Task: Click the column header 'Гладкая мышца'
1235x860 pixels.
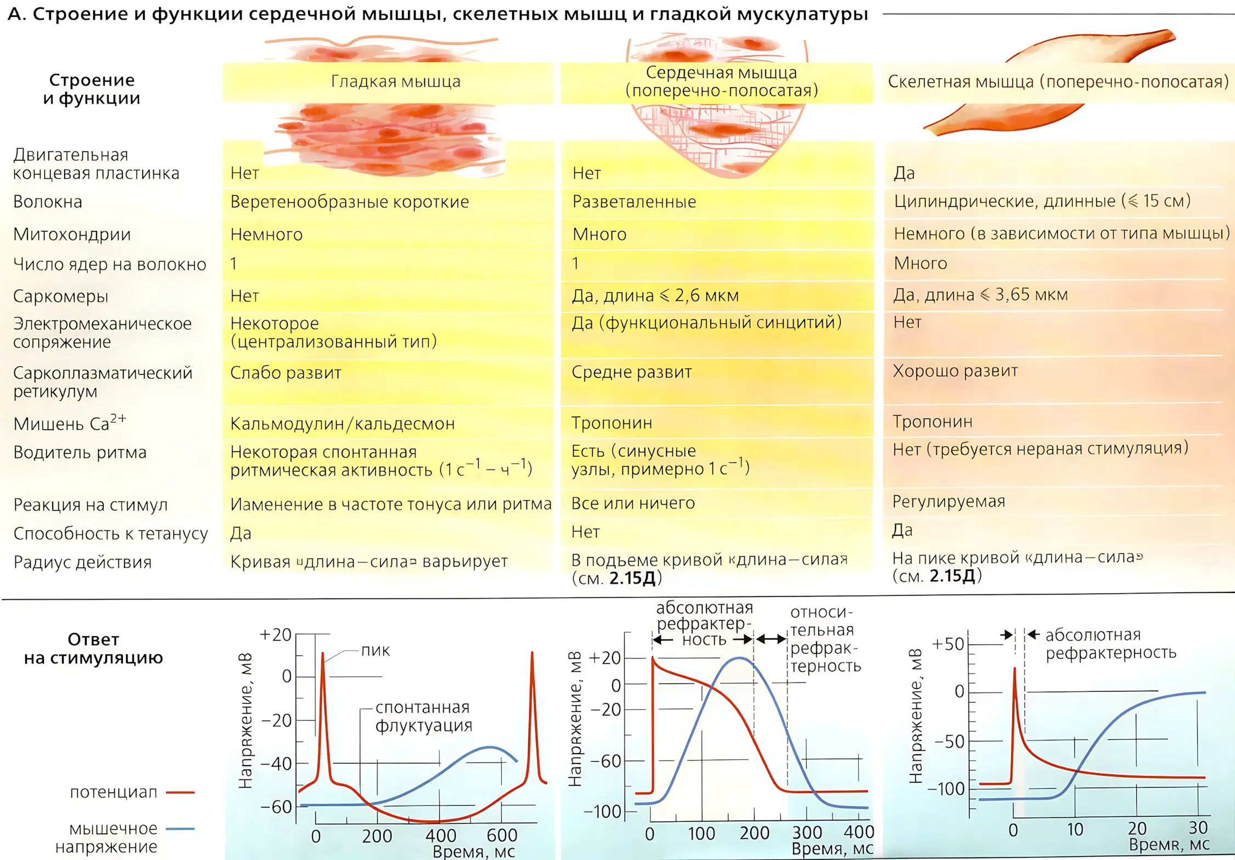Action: click(395, 82)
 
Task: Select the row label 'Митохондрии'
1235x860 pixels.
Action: click(72, 235)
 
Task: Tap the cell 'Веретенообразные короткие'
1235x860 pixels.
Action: click(349, 202)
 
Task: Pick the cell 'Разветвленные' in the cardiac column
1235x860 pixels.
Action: click(634, 202)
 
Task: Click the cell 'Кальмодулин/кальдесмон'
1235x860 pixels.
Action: click(342, 424)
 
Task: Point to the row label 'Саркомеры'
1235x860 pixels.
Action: click(61, 296)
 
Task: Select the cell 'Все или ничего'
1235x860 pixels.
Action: click(633, 503)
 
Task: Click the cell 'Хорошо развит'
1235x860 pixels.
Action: click(955, 371)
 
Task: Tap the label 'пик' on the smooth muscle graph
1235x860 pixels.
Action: click(375, 651)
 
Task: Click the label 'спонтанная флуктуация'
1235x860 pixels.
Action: click(423, 716)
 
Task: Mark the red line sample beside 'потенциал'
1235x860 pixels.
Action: click(180, 793)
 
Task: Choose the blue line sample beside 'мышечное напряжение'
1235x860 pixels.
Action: click(180, 829)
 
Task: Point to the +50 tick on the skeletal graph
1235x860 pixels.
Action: click(948, 644)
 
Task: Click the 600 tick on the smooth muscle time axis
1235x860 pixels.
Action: click(502, 835)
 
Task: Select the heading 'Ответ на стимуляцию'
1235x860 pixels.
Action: click(93, 649)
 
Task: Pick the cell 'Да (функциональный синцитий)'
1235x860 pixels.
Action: click(706, 322)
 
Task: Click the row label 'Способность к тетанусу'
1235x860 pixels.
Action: click(111, 534)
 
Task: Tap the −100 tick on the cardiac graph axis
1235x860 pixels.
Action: click(602, 812)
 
